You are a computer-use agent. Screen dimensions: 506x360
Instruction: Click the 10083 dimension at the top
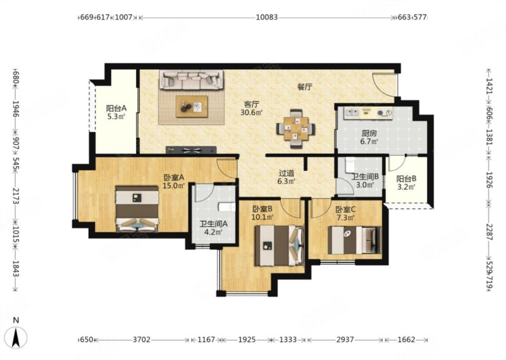pyautogui.click(x=266, y=17)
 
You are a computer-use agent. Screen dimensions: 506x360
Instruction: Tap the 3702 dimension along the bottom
pyautogui.click(x=142, y=340)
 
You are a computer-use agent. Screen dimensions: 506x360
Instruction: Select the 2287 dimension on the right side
pyautogui.click(x=490, y=232)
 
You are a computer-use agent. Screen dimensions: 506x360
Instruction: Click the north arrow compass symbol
pyautogui.click(x=17, y=337)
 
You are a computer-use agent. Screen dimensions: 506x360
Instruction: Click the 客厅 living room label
pyautogui.click(x=251, y=104)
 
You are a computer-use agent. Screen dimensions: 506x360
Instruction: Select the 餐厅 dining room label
pyautogui.click(x=304, y=87)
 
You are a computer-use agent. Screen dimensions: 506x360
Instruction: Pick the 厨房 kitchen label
pyautogui.click(x=369, y=133)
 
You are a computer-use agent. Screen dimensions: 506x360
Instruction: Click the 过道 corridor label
pyautogui.click(x=287, y=173)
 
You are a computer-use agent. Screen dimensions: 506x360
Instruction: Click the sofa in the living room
pyautogui.click(x=191, y=80)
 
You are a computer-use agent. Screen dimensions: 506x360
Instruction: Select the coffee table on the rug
pyautogui.click(x=192, y=106)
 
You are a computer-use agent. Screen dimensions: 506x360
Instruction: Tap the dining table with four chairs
pyautogui.click(x=296, y=129)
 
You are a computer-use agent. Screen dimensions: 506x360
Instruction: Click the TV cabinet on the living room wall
pyautogui.click(x=191, y=150)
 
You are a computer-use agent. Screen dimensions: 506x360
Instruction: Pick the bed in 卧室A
pyautogui.click(x=137, y=209)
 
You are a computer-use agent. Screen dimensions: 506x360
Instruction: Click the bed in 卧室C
pyautogui.click(x=354, y=240)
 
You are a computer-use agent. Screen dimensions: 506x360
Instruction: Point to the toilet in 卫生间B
pyautogui.click(x=350, y=165)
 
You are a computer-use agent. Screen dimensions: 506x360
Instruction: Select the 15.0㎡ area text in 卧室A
pyautogui.click(x=174, y=185)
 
